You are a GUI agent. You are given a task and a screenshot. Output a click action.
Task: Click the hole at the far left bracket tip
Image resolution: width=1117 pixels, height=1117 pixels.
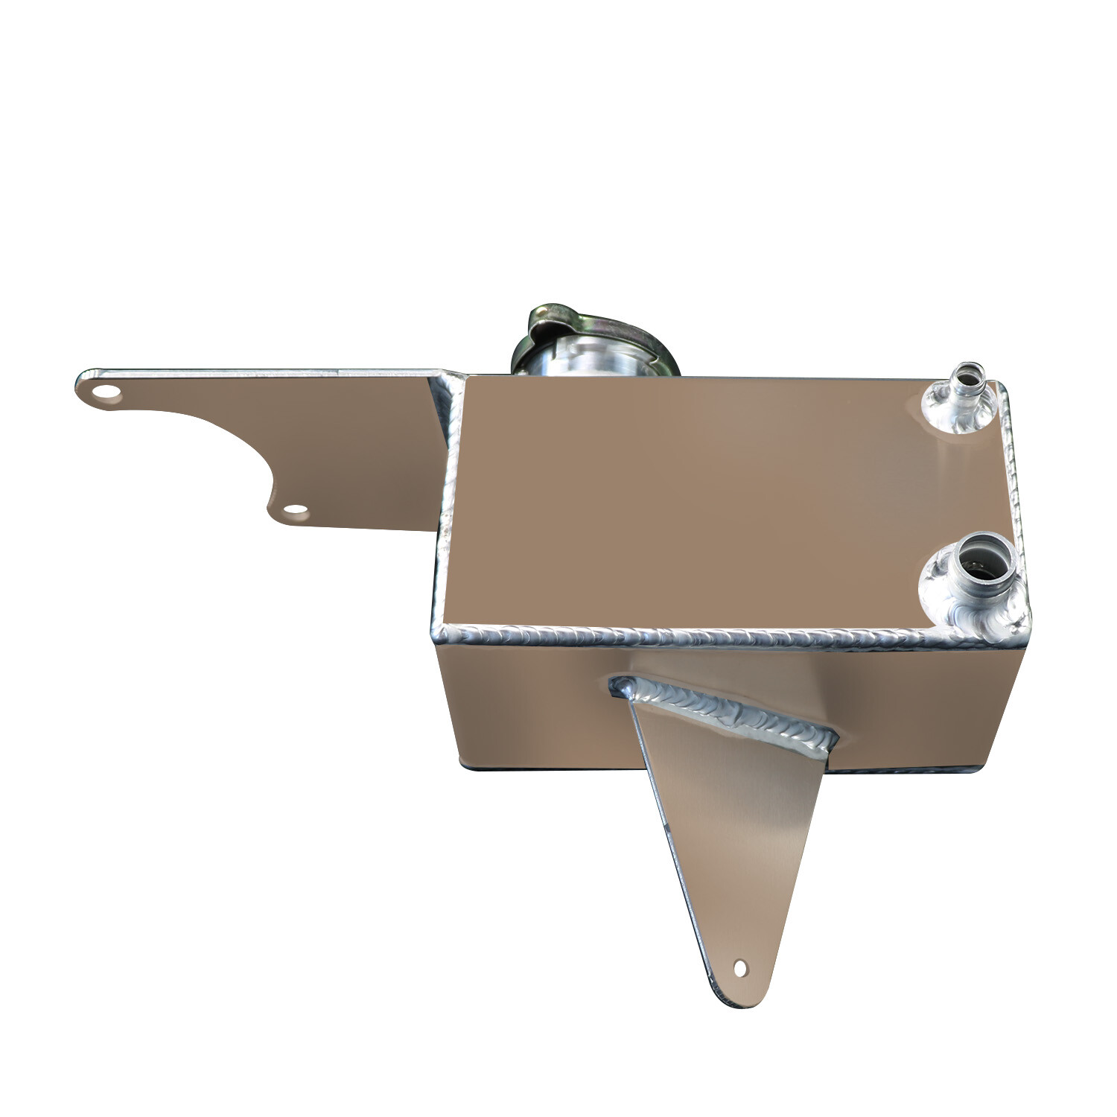[x=108, y=392]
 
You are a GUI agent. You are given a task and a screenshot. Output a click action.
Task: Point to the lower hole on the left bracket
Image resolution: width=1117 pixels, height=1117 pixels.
[x=296, y=512]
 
